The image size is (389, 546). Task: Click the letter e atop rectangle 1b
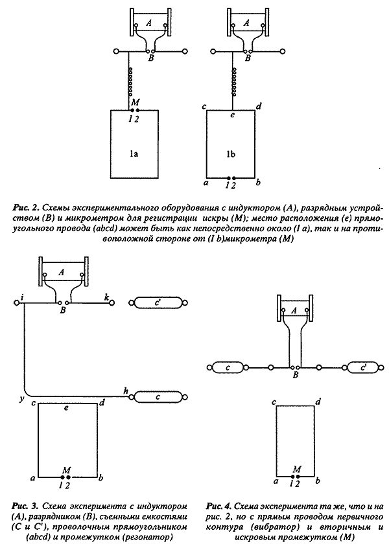point(231,117)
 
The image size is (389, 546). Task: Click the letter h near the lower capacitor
point(125,389)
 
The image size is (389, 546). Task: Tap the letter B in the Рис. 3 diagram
point(63,310)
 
